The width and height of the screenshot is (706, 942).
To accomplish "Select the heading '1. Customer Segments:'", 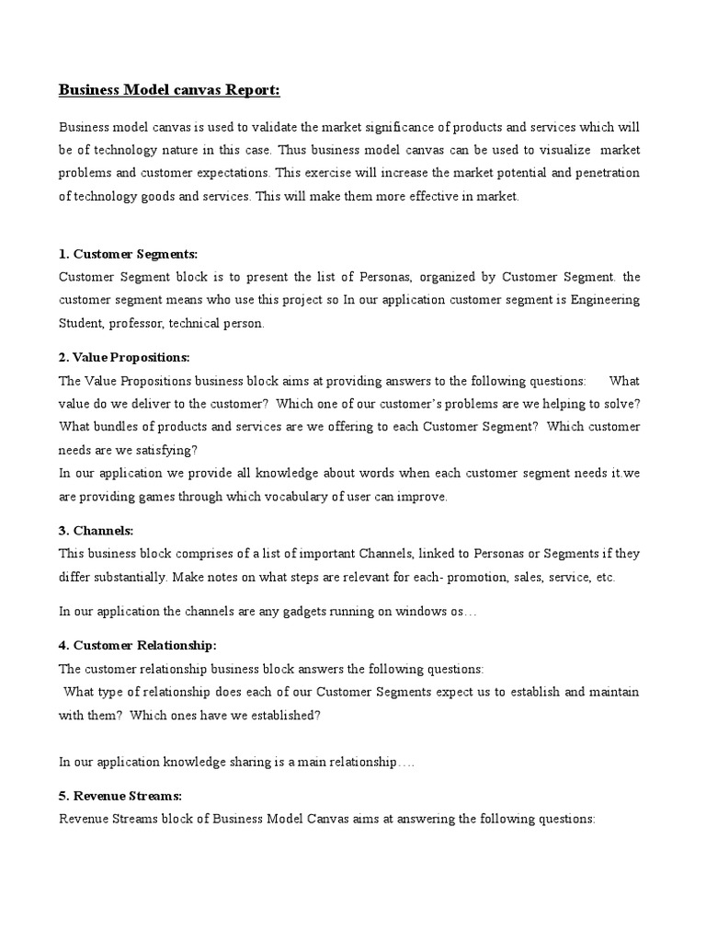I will click(x=128, y=253).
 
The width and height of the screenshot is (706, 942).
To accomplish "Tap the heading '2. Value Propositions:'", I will click(x=124, y=357).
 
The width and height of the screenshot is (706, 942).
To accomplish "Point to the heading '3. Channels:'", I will click(x=96, y=531).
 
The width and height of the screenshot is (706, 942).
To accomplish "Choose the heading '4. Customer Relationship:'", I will click(x=137, y=645).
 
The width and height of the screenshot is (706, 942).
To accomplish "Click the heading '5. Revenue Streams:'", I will click(x=120, y=795).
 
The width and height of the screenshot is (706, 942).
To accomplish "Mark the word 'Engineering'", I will click(x=603, y=300).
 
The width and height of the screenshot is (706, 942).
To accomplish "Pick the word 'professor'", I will click(x=152, y=323).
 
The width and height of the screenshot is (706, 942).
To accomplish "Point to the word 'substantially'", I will click(x=129, y=577).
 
